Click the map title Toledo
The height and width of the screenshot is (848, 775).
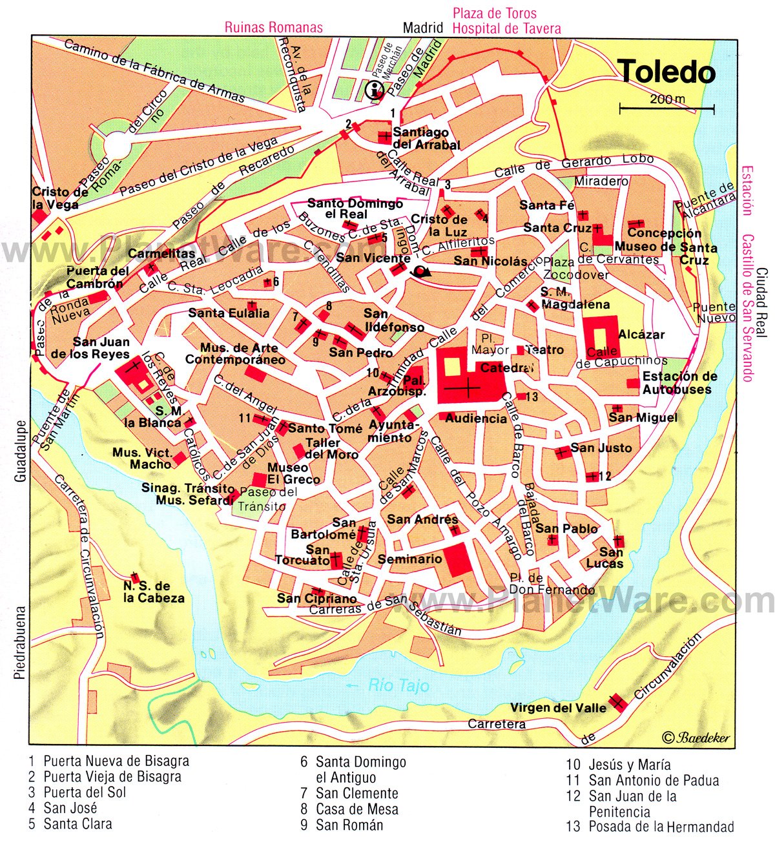pyautogui.click(x=666, y=72)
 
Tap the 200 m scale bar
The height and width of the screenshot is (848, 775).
pyautogui.click(x=667, y=107)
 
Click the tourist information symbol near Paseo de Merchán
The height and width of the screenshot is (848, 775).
pyautogui.click(x=374, y=90)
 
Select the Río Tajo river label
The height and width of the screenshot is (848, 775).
pyautogui.click(x=399, y=685)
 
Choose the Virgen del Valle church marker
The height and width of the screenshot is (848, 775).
pyautogui.click(x=617, y=701)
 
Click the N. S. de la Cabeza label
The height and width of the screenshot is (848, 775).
pyautogui.click(x=154, y=592)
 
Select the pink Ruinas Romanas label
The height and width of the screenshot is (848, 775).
pyautogui.click(x=273, y=28)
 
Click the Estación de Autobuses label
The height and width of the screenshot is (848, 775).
pyautogui.click(x=679, y=383)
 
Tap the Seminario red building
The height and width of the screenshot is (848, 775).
pyautogui.click(x=457, y=559)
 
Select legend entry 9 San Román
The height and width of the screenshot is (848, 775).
pyautogui.click(x=341, y=825)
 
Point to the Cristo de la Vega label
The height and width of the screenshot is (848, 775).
pyautogui.click(x=56, y=198)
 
